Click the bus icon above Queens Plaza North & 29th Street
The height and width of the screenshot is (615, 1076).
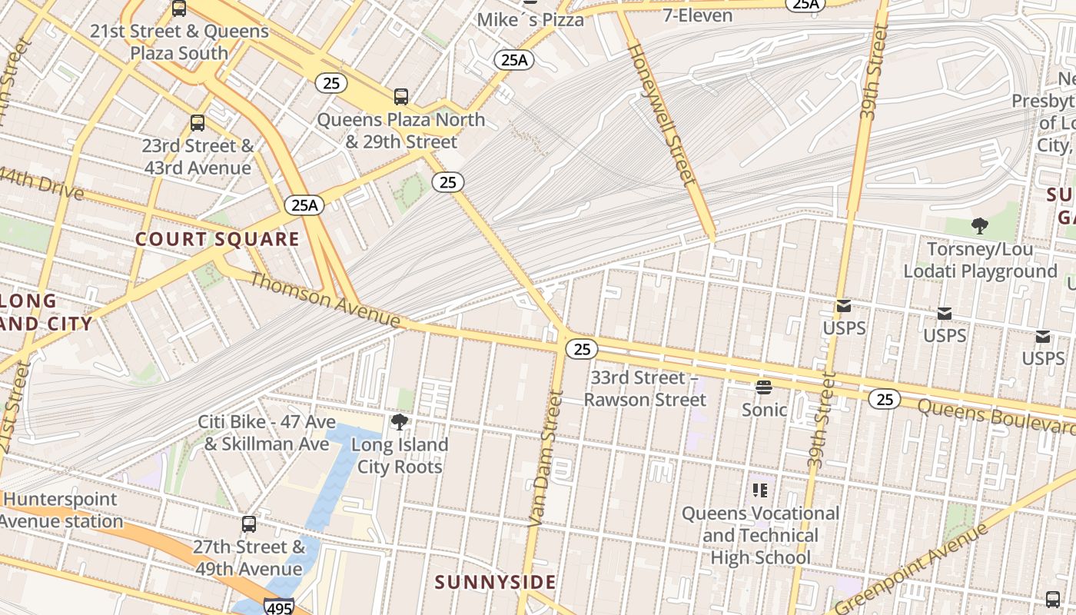pos(400,97)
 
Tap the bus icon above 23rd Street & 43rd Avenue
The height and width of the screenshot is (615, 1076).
pos(198,123)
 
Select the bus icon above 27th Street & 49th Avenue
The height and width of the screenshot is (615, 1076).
pos(249,524)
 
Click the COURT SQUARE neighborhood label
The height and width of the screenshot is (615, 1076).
pos(218,239)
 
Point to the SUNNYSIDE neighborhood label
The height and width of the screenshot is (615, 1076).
pos(495,582)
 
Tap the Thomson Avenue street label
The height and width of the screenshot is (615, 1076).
pos(324,299)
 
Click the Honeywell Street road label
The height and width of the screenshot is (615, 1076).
pos(662,114)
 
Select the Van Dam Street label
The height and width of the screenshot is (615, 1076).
pos(546,459)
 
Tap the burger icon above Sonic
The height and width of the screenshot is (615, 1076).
pos(763,387)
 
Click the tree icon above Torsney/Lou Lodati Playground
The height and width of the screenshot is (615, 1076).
pos(979,226)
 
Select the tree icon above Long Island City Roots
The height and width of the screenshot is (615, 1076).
pos(399,422)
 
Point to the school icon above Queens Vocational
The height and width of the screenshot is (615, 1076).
pos(760,490)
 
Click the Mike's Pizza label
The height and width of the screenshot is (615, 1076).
pos(530,19)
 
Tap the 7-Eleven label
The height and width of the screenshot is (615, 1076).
pos(697,15)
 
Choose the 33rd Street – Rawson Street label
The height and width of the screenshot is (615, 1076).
pos(645,388)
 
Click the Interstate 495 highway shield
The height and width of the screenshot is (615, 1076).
pos(277,607)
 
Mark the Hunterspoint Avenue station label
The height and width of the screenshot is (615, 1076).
pos(61,510)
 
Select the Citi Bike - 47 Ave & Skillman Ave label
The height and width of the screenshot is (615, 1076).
pos(267,433)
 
